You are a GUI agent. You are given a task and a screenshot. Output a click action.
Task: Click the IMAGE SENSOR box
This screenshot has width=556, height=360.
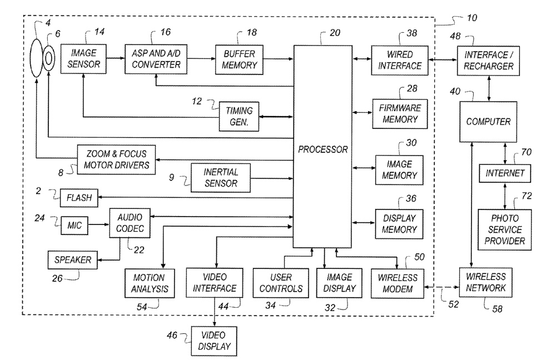(83, 58)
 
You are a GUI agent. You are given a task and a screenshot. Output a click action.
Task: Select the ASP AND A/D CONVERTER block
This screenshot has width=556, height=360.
(152, 58)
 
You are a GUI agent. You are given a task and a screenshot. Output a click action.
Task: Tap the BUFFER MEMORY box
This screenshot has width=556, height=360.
(239, 59)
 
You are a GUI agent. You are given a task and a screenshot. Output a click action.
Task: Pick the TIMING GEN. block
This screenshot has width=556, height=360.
(240, 116)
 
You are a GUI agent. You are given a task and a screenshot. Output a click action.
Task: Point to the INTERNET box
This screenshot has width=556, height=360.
(504, 173)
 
